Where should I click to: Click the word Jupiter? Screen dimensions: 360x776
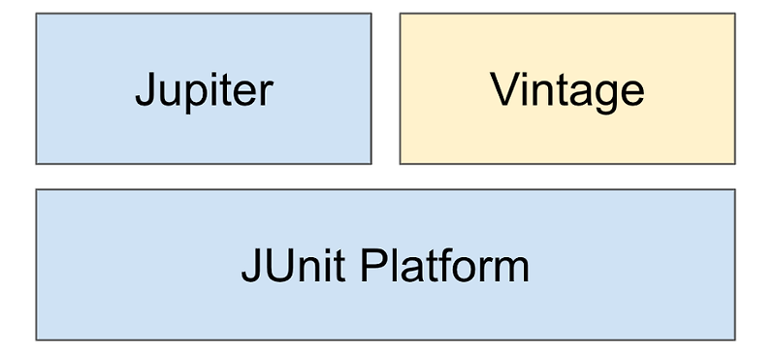[x=204, y=90]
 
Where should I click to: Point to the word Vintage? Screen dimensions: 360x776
[x=567, y=90]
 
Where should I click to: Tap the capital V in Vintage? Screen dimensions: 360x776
[x=502, y=89]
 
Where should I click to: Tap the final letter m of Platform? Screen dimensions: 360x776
[x=511, y=269]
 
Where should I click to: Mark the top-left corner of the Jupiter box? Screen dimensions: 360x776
[x=37, y=14]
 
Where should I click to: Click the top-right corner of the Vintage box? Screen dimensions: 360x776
[x=734, y=14]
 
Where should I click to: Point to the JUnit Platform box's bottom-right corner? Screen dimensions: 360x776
[x=734, y=339]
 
